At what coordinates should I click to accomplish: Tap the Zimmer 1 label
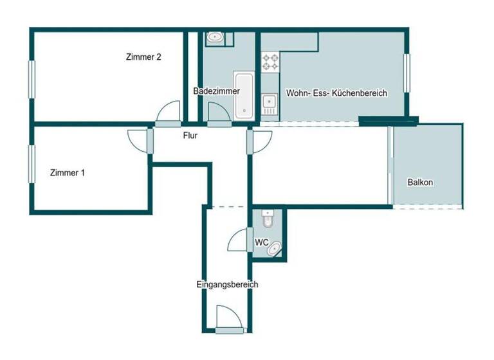[68, 172]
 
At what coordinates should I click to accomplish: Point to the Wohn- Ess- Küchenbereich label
[336, 93]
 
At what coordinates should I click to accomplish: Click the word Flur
[190, 136]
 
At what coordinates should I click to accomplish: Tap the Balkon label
[420, 183]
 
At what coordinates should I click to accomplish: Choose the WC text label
[261, 242]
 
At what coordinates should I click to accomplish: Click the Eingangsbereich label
[228, 283]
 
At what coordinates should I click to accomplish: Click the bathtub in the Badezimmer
[244, 94]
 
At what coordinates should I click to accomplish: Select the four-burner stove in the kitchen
[270, 62]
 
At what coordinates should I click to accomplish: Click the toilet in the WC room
[268, 220]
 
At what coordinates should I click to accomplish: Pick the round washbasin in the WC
[275, 248]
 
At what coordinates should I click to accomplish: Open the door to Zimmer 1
[140, 140]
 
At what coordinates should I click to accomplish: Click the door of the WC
[241, 240]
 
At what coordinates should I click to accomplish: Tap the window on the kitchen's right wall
[407, 72]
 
